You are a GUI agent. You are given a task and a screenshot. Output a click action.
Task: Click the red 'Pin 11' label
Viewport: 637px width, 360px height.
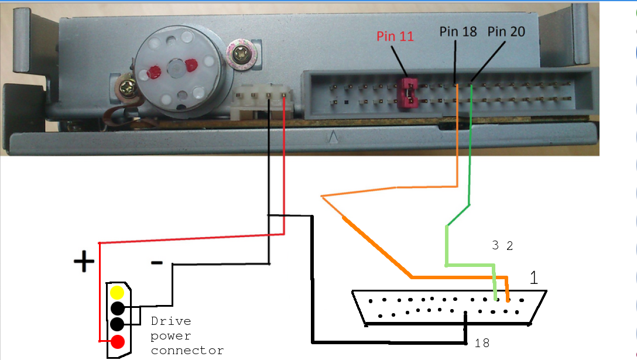coord(395,36)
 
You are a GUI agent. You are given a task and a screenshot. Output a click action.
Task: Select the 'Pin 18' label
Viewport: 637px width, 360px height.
coord(458,32)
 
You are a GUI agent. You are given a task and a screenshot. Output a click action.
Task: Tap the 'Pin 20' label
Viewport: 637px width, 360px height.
coord(506,32)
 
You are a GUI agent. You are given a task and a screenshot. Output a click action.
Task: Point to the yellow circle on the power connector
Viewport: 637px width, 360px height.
coord(118,293)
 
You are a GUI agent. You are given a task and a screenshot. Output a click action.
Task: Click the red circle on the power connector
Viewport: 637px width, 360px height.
coord(118,342)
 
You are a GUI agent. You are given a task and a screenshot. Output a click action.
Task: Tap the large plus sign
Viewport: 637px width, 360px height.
coord(84,262)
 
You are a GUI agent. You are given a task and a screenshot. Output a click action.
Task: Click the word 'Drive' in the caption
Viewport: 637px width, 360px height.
coord(170,321)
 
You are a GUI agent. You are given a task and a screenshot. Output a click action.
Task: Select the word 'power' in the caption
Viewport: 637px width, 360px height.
coord(170,336)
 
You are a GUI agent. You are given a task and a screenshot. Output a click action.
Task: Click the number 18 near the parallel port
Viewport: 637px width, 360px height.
coord(482,344)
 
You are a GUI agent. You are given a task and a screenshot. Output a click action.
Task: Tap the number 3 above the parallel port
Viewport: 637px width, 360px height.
coord(495,246)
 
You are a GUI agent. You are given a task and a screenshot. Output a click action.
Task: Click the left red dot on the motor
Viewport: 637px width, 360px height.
coord(155,73)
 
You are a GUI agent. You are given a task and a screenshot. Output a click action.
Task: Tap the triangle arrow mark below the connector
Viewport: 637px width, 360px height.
coord(333,138)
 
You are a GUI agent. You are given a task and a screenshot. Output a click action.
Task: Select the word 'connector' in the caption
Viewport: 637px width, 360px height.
coord(187,351)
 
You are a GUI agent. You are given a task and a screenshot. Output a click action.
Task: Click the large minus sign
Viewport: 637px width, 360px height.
coord(156,263)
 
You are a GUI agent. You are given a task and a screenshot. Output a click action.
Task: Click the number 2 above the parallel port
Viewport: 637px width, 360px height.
coord(509,246)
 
